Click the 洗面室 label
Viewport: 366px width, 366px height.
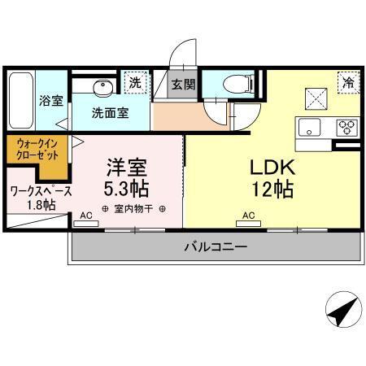click(110, 113)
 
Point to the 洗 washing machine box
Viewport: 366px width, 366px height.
click(135, 82)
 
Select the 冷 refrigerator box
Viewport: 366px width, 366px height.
click(347, 82)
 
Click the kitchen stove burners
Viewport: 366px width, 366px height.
click(346, 128)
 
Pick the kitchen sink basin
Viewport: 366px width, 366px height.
click(311, 128)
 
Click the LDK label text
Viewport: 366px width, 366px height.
click(271, 168)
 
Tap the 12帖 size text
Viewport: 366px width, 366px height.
click(271, 191)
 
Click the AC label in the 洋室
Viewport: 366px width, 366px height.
click(85, 216)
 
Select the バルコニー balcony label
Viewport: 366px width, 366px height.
click(215, 246)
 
